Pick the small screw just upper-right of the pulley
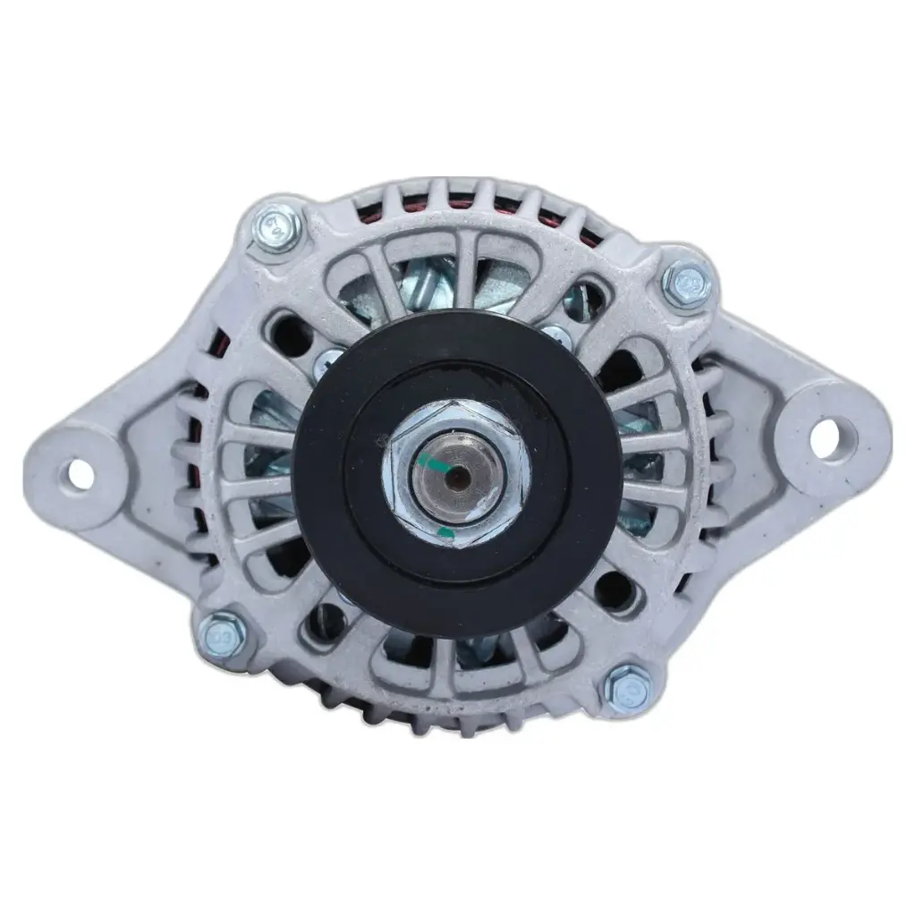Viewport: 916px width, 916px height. (557, 336)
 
